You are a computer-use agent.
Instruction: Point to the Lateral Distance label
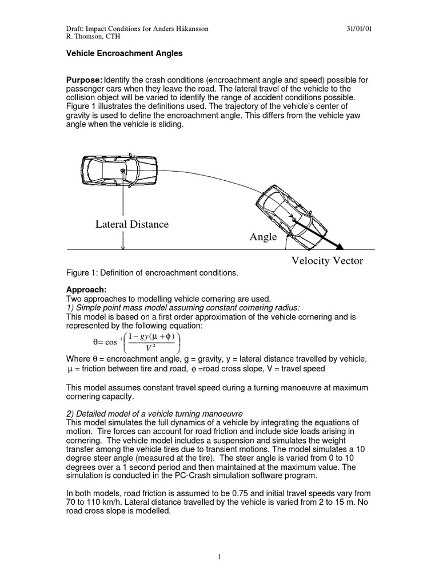pos(132,224)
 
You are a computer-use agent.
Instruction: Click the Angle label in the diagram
pos(263,236)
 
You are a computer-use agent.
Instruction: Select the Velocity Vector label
pos(328,262)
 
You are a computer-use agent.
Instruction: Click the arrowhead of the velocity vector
pos(339,247)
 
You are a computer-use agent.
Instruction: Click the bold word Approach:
pos(85,290)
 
